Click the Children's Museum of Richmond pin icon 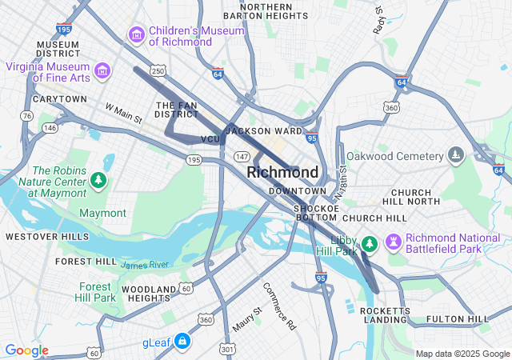coord(136,35)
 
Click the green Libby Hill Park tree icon coord(369,242)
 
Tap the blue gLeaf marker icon coord(182,342)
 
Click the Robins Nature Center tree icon coord(98,181)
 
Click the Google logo coord(26,350)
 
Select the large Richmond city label coord(282,172)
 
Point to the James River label coord(145,264)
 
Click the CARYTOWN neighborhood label coord(59,99)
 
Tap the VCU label coord(210,139)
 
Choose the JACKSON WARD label coord(264,130)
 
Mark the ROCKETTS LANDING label coord(384,315)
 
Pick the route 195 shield coord(194,160)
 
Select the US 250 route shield coord(158,72)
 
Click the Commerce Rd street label coord(279,306)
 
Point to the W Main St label coord(123,113)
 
